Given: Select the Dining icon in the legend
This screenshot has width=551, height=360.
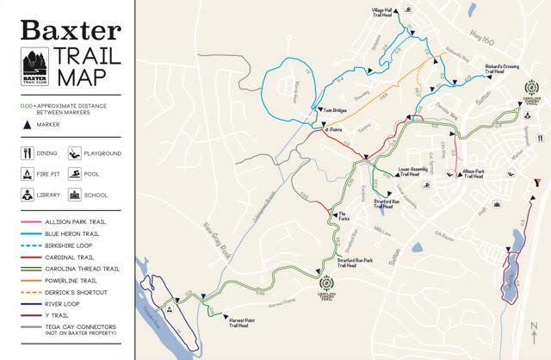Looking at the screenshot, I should pyautogui.click(x=28, y=153).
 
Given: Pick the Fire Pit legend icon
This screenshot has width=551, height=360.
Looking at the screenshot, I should pyautogui.click(x=28, y=174).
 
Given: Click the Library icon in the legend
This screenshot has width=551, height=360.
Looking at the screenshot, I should pyautogui.click(x=28, y=195).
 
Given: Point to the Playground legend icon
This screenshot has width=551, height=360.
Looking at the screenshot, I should pyautogui.click(x=75, y=153).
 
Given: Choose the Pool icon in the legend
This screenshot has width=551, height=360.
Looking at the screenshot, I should pyautogui.click(x=75, y=174).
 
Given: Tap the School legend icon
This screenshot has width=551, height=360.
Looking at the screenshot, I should pyautogui.click(x=75, y=195).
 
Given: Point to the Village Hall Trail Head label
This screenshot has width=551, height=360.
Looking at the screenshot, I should pyautogui.click(x=381, y=11).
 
